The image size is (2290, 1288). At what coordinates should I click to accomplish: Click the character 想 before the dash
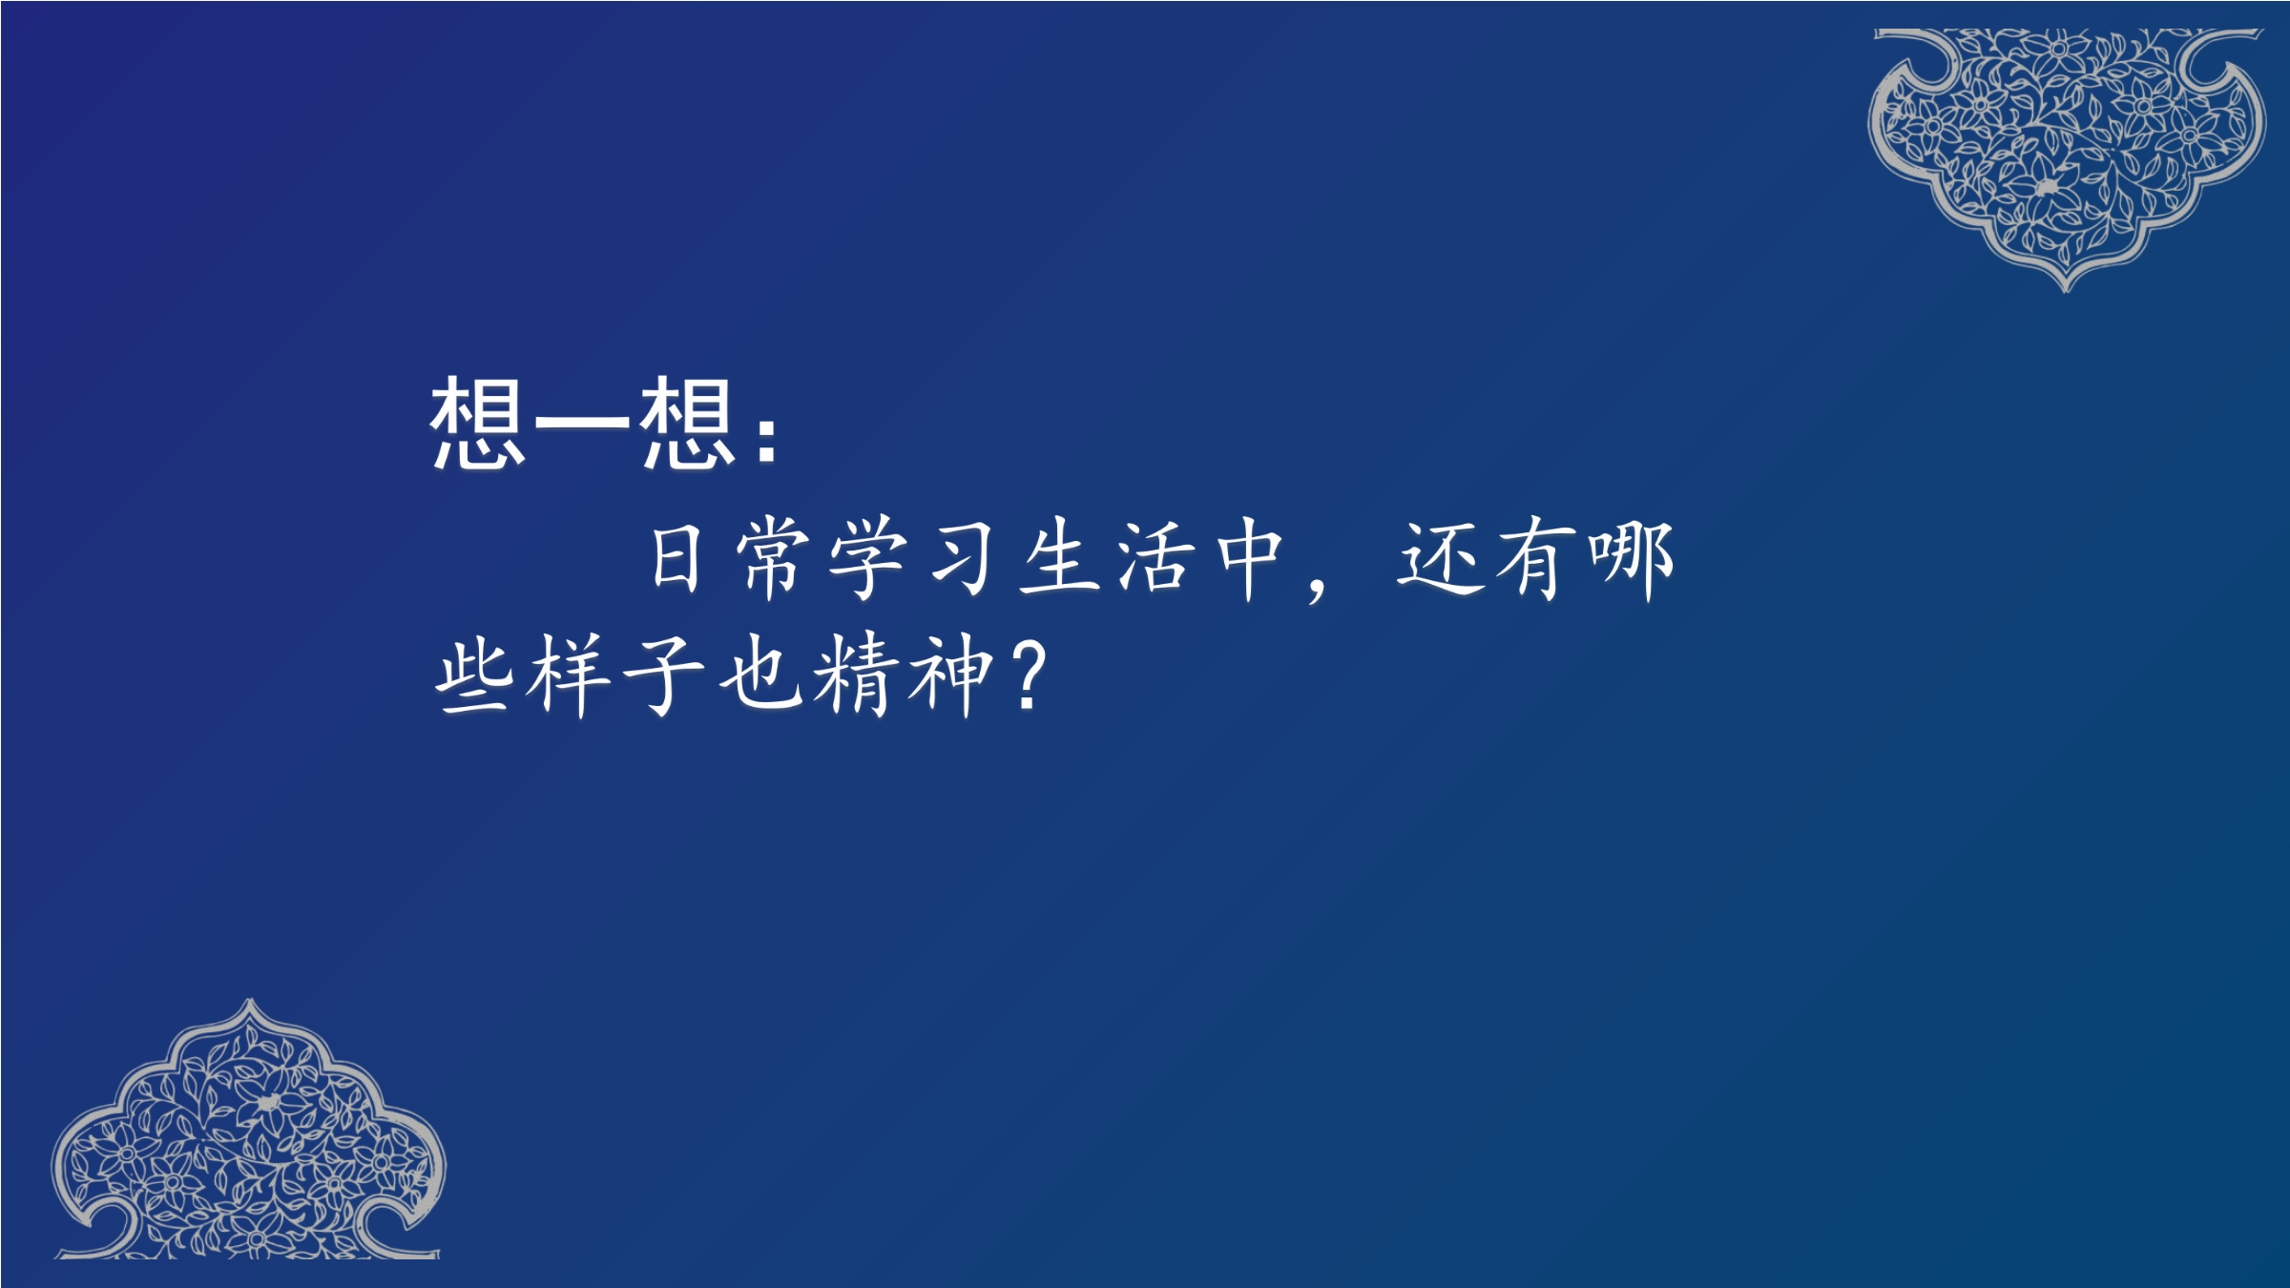pyautogui.click(x=477, y=422)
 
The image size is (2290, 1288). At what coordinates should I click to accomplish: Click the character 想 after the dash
pyautogui.click(x=688, y=422)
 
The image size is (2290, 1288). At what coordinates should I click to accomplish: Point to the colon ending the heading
pyautogui.click(x=766, y=439)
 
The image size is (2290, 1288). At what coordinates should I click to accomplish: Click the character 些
pyautogui.click(x=473, y=675)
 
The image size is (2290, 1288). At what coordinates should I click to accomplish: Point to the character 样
pyautogui.click(x=570, y=675)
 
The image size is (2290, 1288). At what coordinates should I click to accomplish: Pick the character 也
pyautogui.click(x=760, y=675)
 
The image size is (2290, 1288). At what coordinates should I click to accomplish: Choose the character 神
pyautogui.click(x=949, y=675)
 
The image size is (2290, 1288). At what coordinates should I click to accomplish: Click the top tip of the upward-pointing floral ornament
pyautogui.click(x=250, y=1001)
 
